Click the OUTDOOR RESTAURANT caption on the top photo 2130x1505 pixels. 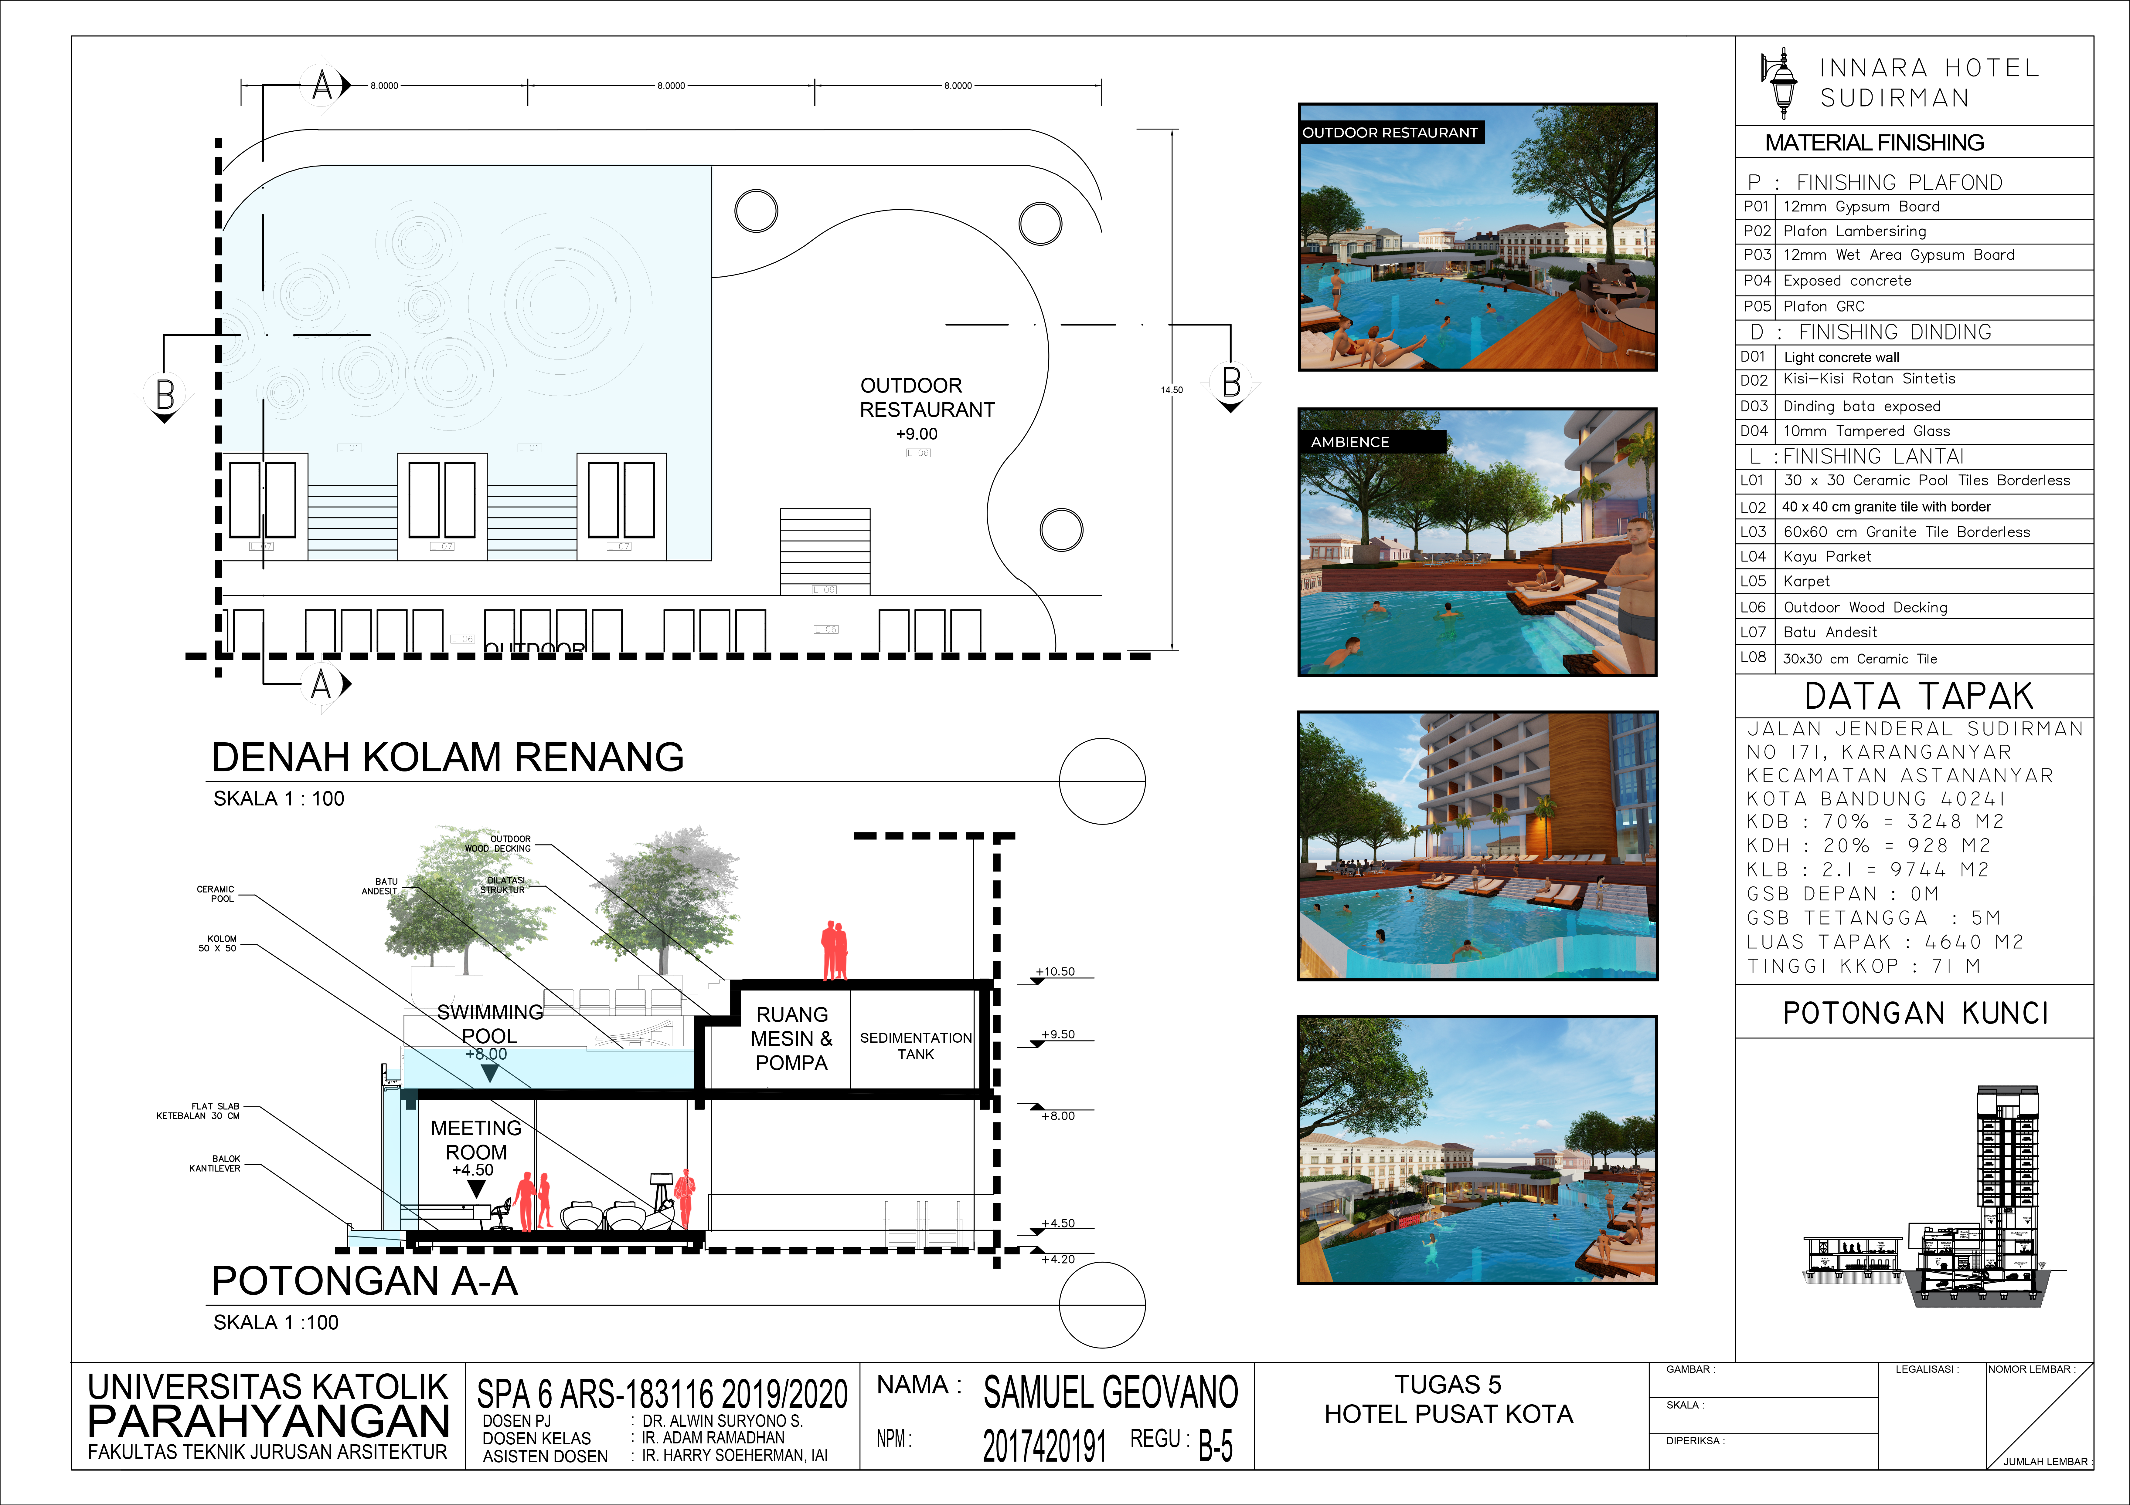pyautogui.click(x=1390, y=133)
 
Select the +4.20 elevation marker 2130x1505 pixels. pyautogui.click(x=1058, y=1259)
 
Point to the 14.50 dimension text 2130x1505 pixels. pyautogui.click(x=1172, y=390)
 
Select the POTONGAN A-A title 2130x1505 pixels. pyautogui.click(x=365, y=1281)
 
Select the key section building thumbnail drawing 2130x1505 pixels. pyautogui.click(x=1934, y=1196)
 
